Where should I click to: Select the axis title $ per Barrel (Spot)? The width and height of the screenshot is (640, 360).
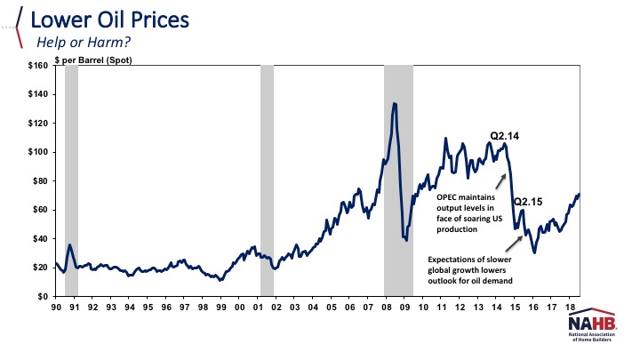coord(97,60)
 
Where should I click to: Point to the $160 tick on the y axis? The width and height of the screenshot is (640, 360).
coord(36,66)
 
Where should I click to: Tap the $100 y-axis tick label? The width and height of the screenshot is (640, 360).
coord(36,152)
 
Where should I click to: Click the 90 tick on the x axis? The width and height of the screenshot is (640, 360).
coord(55,308)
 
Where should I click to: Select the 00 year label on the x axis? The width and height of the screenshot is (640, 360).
coord(239,308)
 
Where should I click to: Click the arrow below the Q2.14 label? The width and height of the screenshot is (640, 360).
coord(500,180)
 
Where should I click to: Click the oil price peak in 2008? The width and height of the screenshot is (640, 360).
coord(394,104)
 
